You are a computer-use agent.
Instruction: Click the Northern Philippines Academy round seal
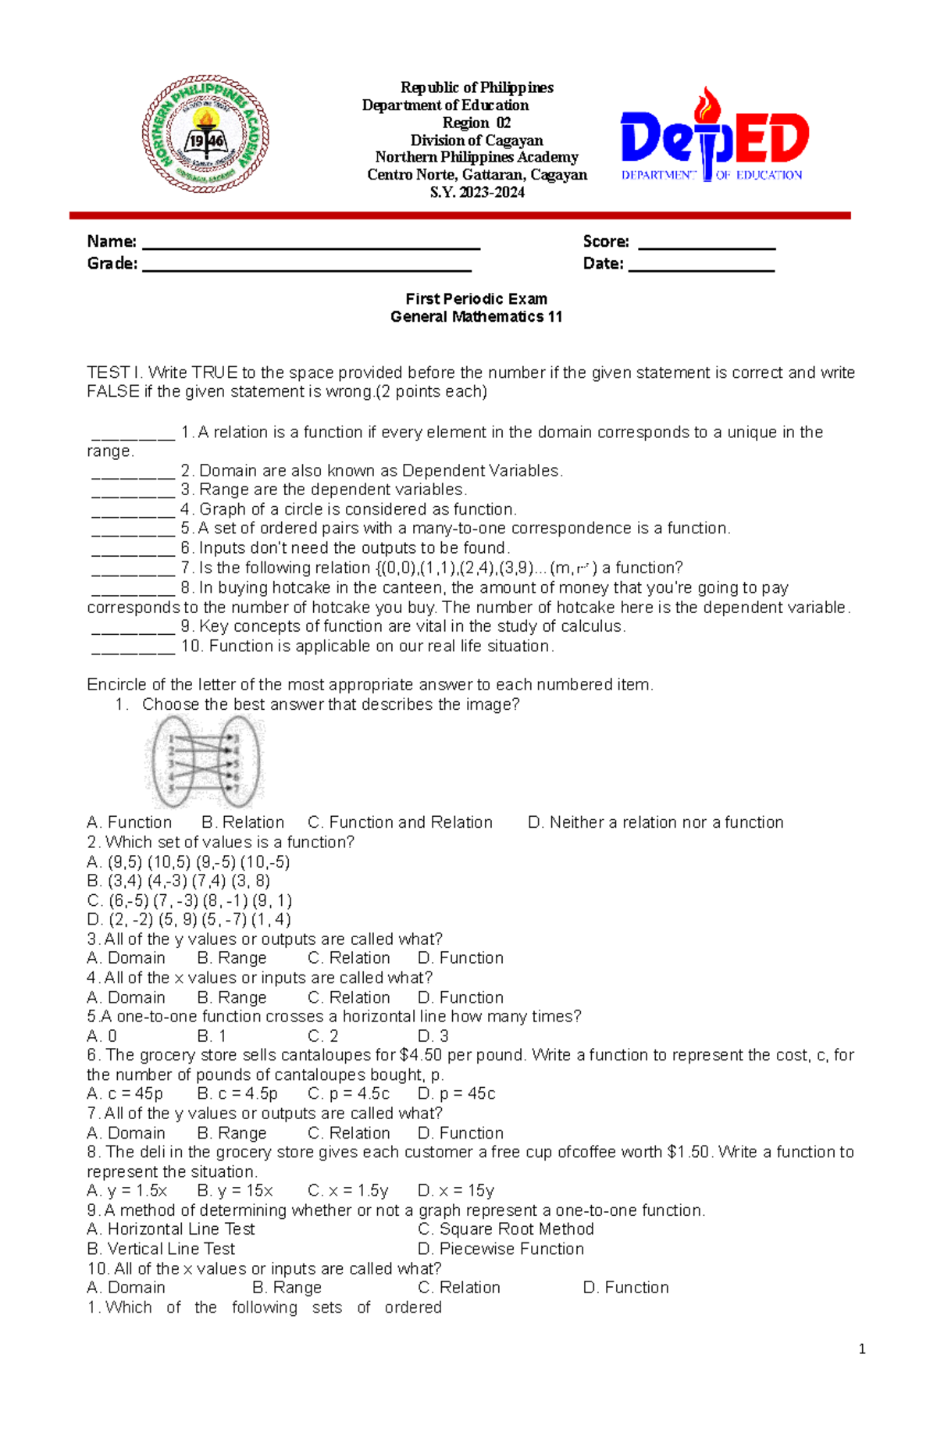pyautogui.click(x=205, y=134)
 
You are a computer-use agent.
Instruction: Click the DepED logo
pyautogui.click(x=714, y=137)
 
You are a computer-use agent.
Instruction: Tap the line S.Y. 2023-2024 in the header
pyautogui.click(x=477, y=192)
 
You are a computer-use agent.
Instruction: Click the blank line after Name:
pyautogui.click(x=311, y=244)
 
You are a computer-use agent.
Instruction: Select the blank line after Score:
pyautogui.click(x=706, y=244)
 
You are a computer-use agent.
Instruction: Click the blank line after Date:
pyautogui.click(x=700, y=266)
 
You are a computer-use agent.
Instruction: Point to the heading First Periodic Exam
pyautogui.click(x=476, y=298)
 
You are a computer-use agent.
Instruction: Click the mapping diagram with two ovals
pyautogui.click(x=205, y=762)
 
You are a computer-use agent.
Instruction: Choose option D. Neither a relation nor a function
pyautogui.click(x=655, y=822)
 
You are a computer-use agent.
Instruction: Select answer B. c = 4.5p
pyautogui.click(x=237, y=1093)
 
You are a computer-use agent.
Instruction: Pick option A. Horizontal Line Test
pyautogui.click(x=171, y=1229)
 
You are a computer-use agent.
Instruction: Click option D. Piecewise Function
pyautogui.click(x=501, y=1249)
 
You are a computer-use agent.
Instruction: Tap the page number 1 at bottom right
pyautogui.click(x=861, y=1349)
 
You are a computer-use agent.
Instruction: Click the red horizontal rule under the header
pyautogui.click(x=459, y=215)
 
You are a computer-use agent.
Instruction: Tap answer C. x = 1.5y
pyautogui.click(x=347, y=1191)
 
